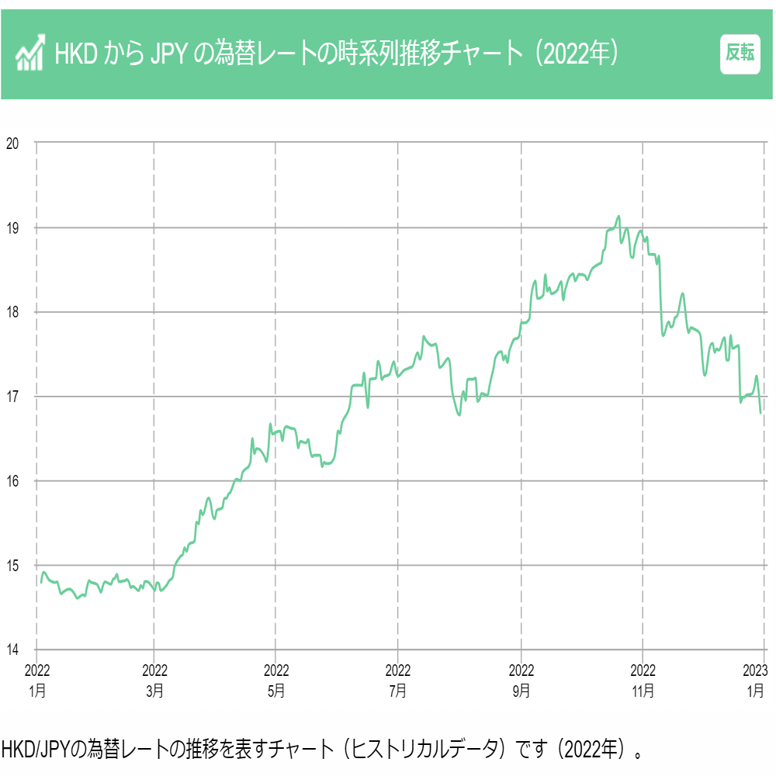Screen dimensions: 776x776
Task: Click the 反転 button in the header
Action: click(740, 54)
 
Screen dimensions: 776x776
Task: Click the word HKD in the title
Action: click(74, 54)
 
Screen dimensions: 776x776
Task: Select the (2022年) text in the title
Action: click(579, 54)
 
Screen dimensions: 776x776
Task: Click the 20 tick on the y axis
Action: click(12, 143)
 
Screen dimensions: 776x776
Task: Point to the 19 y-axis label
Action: click(12, 227)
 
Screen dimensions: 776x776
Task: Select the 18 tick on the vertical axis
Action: click(12, 312)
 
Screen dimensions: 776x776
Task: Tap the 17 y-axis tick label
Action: click(12, 397)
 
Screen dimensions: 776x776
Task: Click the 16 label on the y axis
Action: click(12, 481)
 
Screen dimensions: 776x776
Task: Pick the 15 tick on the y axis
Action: click(12, 566)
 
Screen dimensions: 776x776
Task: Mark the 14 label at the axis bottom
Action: click(12, 650)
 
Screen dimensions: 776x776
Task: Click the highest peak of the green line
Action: click(618, 217)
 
